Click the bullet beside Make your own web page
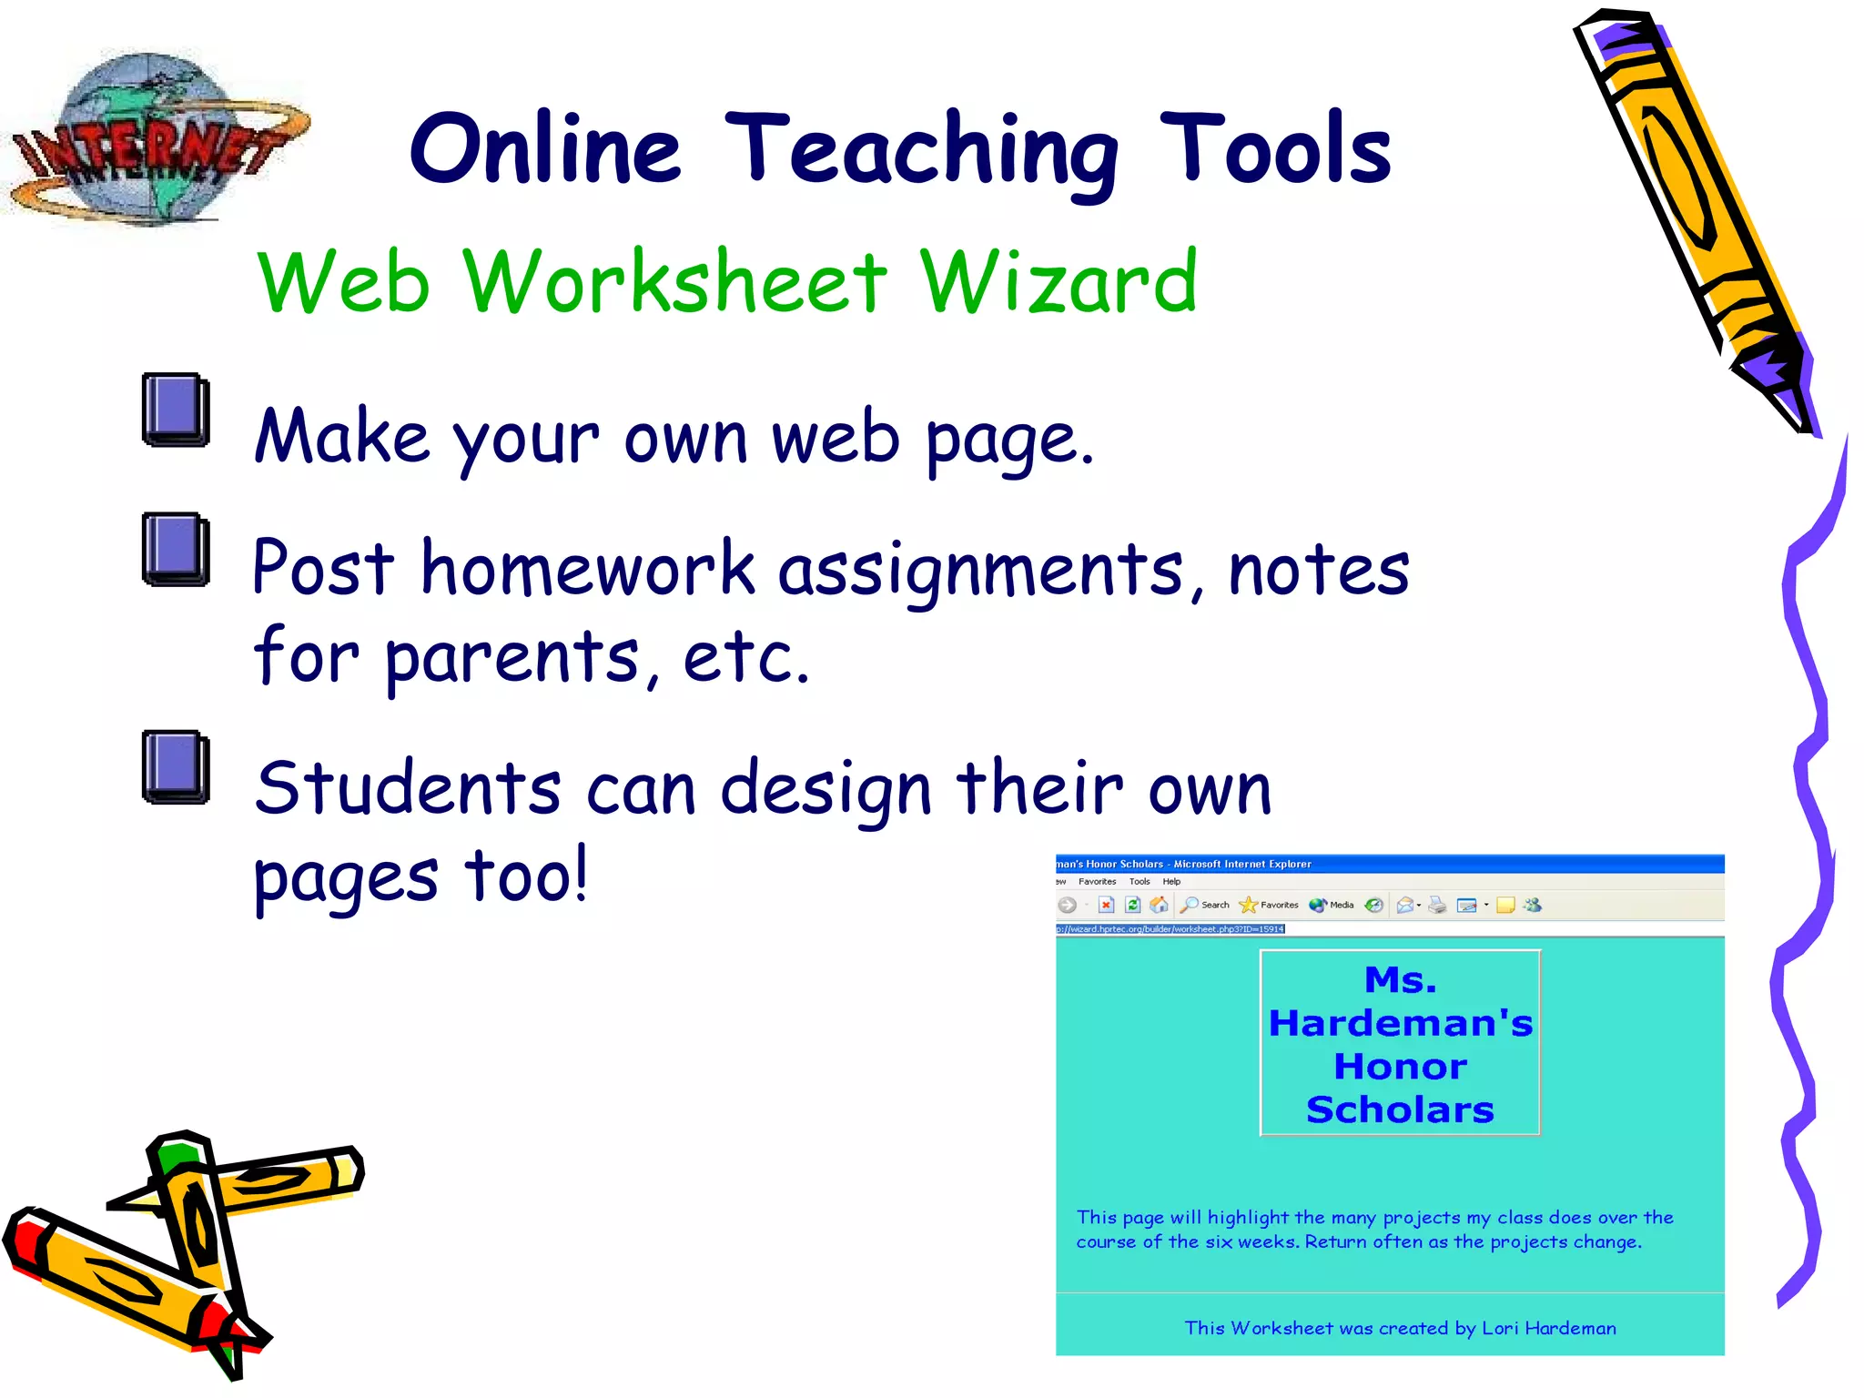click(176, 410)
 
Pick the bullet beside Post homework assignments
click(176, 549)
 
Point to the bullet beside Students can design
click(176, 767)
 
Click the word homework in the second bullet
click(587, 569)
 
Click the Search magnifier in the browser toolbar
click(1189, 905)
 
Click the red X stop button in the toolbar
click(1106, 905)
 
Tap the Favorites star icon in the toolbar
click(1248, 905)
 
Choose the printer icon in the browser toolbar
click(1437, 905)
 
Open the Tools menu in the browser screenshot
click(1140, 881)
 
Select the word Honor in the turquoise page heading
click(1400, 1067)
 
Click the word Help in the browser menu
click(1171, 881)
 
